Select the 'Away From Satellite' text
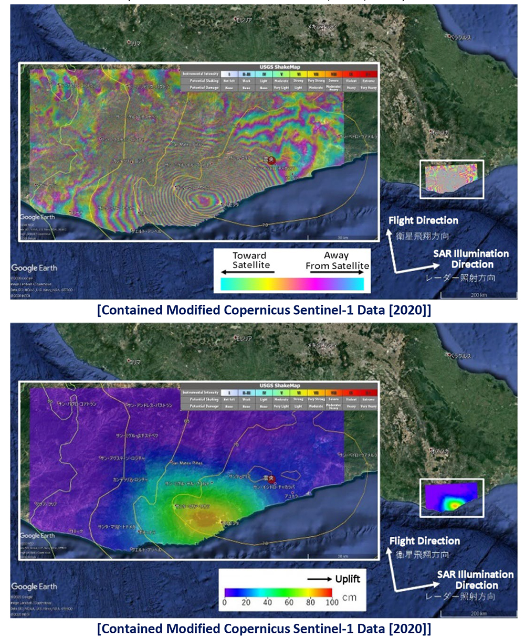click(x=337, y=260)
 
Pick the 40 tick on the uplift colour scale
click(x=267, y=602)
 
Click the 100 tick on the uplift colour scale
click(x=332, y=602)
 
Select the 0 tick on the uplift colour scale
click(x=225, y=602)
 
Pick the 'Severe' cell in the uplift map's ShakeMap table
click(x=333, y=399)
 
